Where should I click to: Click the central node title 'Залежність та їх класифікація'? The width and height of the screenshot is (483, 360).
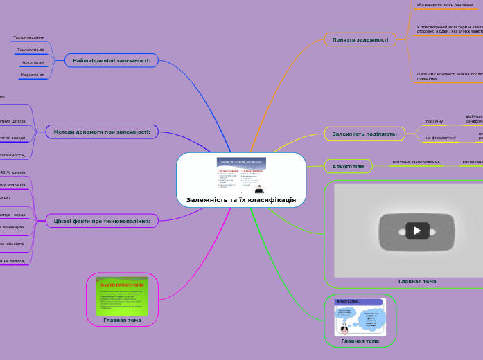240,200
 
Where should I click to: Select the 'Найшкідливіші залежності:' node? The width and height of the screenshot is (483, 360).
112,60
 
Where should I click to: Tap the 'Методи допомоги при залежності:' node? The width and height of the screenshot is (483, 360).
102,132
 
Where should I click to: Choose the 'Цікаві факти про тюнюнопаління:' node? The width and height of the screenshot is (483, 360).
102,221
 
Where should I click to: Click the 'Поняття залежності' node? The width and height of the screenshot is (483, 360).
360,39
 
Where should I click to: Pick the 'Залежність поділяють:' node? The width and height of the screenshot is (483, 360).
365,133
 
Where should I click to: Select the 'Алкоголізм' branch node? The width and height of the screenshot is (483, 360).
348,166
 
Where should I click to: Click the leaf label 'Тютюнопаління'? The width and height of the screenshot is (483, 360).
28,37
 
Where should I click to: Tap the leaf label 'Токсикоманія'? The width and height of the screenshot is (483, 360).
30,50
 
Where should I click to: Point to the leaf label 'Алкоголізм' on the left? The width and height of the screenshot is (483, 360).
33,62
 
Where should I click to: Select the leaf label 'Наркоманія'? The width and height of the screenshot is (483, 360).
32,75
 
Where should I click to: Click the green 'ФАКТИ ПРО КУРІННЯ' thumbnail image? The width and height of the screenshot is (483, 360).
122,296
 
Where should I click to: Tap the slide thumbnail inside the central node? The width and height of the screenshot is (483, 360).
241,175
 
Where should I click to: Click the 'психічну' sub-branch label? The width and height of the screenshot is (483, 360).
434,121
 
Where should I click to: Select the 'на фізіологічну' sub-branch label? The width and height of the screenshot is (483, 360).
441,138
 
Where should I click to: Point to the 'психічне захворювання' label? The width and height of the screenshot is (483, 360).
416,162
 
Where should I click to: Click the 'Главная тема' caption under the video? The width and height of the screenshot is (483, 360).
417,282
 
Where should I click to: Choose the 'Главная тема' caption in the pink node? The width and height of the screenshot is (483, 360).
122,321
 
